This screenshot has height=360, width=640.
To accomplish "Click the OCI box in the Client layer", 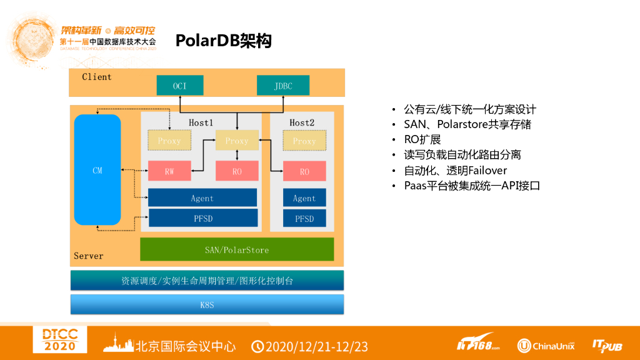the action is pos(179,86).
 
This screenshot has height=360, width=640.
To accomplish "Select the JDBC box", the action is pos(282,86).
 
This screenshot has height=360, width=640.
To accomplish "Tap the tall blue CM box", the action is pos(97,170).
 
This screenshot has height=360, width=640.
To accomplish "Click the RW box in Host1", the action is pos(169,171).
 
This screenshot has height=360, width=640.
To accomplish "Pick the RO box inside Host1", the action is pos(237,171).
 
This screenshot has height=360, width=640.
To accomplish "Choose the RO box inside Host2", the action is pos(304,171).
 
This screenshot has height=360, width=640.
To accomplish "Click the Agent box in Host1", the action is pos(202,198).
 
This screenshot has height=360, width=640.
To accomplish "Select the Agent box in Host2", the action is pos(304,198).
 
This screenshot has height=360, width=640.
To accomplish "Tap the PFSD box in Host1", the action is pos(202,218).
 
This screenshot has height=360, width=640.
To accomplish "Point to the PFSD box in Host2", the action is pos(304,218).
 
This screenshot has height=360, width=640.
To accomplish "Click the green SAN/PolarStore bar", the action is pos(237,249).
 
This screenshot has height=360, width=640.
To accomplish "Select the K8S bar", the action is pos(207,304).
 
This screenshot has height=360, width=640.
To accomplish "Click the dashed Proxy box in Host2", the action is pos(304,141).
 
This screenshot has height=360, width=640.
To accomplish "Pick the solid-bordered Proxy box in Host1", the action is pos(237,141).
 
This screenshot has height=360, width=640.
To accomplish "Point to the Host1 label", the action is pos(201,123).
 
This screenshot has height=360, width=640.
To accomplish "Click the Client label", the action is pos(97,77).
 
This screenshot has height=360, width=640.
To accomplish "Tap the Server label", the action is pos(89,256).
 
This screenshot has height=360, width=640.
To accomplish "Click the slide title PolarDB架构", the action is pos(224,41).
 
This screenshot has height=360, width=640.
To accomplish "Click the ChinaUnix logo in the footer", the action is pos(546,346).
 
